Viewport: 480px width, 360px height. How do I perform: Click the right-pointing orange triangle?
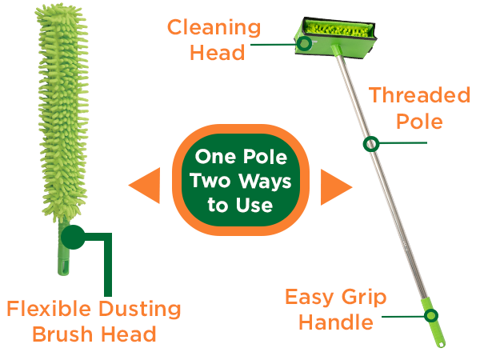click(333, 186)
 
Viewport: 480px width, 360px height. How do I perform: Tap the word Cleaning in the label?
click(214, 29)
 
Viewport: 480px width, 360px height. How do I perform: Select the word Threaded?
click(419, 95)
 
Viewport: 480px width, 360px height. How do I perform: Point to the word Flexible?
click(49, 309)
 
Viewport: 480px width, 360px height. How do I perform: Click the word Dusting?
click(140, 310)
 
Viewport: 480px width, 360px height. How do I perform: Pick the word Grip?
click(364, 298)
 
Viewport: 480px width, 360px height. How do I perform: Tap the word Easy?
click(309, 298)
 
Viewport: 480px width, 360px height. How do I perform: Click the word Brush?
click(62, 334)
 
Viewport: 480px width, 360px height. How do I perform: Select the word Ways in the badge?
click(265, 182)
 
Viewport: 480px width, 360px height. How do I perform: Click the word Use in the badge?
click(254, 205)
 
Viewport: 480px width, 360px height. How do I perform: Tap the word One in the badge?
click(216, 157)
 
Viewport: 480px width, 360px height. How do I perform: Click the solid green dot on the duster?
click(73, 238)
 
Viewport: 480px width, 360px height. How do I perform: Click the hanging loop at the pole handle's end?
click(441, 344)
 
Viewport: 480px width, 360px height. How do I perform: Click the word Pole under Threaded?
click(419, 122)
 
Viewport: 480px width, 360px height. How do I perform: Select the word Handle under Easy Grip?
click(336, 322)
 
